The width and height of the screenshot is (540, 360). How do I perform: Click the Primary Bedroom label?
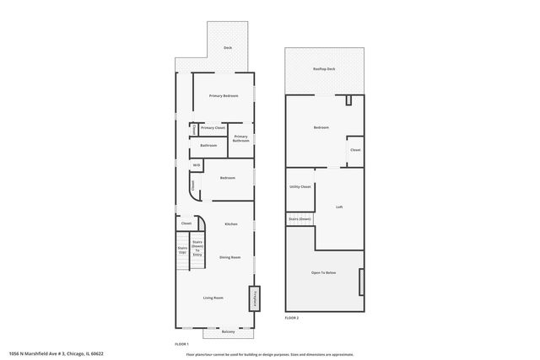(224, 96)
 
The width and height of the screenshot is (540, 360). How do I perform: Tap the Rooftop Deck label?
(324, 69)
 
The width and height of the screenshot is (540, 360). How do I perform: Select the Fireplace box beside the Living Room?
(252, 298)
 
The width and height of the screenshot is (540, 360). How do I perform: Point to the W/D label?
(197, 165)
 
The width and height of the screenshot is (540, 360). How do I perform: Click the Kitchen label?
(230, 224)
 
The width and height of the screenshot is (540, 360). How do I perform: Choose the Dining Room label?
(230, 257)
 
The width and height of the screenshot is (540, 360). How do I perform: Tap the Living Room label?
(213, 298)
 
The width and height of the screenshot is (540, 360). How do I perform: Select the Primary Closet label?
(213, 128)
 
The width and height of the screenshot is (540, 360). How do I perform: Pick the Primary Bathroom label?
(241, 138)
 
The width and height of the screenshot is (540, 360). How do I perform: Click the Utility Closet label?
(300, 187)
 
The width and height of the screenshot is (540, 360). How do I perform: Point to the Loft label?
(339, 207)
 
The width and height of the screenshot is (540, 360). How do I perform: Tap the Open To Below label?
(324, 272)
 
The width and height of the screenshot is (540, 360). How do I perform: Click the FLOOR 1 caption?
(181, 344)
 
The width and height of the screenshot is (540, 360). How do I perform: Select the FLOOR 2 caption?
(292, 317)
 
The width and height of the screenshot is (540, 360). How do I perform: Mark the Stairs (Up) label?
(181, 250)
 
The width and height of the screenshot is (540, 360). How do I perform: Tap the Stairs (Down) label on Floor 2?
(300, 218)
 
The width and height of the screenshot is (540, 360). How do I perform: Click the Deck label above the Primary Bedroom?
(228, 48)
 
